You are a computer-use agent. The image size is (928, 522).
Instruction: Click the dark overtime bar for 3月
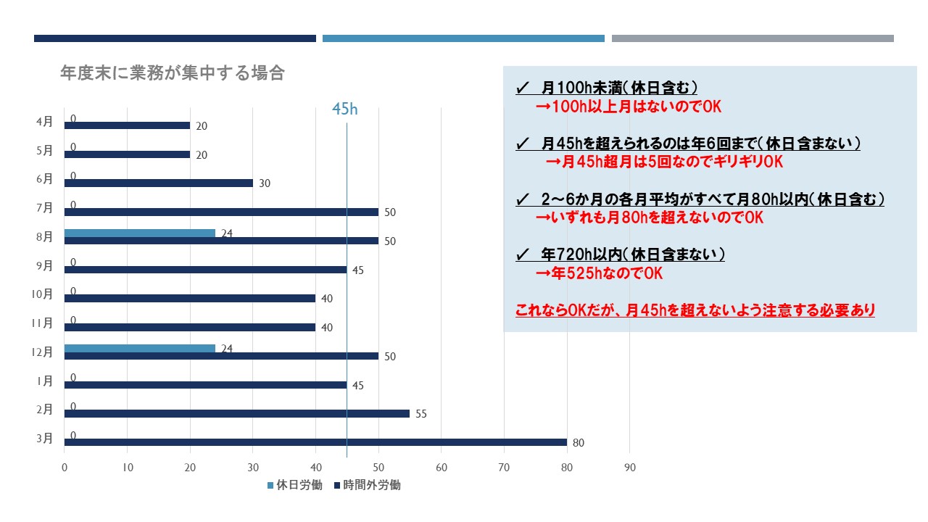(315, 442)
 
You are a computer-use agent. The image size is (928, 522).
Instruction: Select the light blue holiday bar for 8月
(140, 233)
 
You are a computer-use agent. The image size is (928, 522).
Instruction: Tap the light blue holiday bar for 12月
(140, 349)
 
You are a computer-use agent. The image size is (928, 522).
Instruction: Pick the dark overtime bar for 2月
(236, 413)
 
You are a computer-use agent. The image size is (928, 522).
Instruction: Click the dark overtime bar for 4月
(127, 125)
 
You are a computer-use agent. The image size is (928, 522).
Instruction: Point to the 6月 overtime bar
(158, 183)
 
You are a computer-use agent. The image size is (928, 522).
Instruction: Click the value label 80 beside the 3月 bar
(578, 443)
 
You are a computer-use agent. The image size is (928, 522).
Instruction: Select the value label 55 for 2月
(420, 414)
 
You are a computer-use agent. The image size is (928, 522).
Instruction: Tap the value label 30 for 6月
(264, 183)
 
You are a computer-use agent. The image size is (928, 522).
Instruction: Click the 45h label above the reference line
(345, 109)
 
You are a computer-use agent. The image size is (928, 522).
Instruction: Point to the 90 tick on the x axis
(629, 468)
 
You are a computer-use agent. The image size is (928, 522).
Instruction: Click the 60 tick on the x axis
(441, 468)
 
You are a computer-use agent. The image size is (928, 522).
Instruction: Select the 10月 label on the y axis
(43, 294)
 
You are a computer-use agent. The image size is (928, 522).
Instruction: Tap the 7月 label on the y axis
(45, 207)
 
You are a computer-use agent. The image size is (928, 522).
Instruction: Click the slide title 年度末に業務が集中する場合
(173, 73)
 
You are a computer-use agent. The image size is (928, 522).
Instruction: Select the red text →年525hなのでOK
(599, 274)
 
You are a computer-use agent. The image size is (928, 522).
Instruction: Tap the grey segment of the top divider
(753, 38)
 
